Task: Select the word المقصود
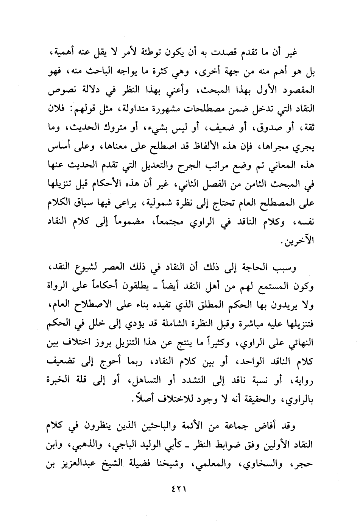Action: click(x=294, y=92)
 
